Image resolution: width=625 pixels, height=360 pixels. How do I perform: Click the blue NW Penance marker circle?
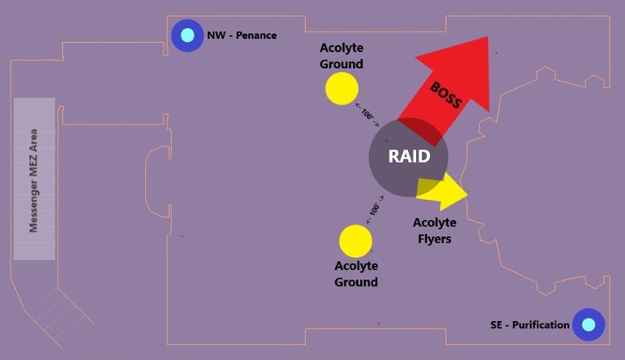coord(188,36)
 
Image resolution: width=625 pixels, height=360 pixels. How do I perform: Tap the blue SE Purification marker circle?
coord(589,324)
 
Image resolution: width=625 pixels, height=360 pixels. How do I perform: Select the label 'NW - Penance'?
coord(241,36)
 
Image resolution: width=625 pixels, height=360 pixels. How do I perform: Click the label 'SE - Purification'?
coord(529,324)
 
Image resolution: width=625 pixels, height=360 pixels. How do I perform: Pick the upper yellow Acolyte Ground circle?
coord(342,88)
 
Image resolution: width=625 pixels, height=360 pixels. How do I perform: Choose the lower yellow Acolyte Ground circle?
coord(355,241)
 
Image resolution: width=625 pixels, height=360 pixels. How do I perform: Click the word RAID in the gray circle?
coord(408,156)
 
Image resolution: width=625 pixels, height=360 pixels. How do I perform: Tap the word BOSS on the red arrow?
coord(446,95)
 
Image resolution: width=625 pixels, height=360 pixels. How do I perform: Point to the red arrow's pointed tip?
coord(488,38)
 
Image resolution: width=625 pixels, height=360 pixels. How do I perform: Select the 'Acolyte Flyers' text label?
coord(435,231)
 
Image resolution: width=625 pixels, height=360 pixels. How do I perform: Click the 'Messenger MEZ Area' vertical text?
coord(34,180)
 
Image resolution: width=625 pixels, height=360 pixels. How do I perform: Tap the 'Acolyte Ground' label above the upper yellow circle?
coord(342,57)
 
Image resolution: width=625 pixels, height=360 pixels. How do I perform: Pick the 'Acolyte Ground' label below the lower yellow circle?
coord(356,274)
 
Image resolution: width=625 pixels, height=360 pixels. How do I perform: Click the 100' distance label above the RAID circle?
coord(368,116)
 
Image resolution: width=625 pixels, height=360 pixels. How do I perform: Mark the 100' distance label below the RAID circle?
coord(375,209)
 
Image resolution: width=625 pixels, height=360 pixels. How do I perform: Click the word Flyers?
coord(435,239)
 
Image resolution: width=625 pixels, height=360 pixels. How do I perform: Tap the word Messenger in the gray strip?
coord(34,201)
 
